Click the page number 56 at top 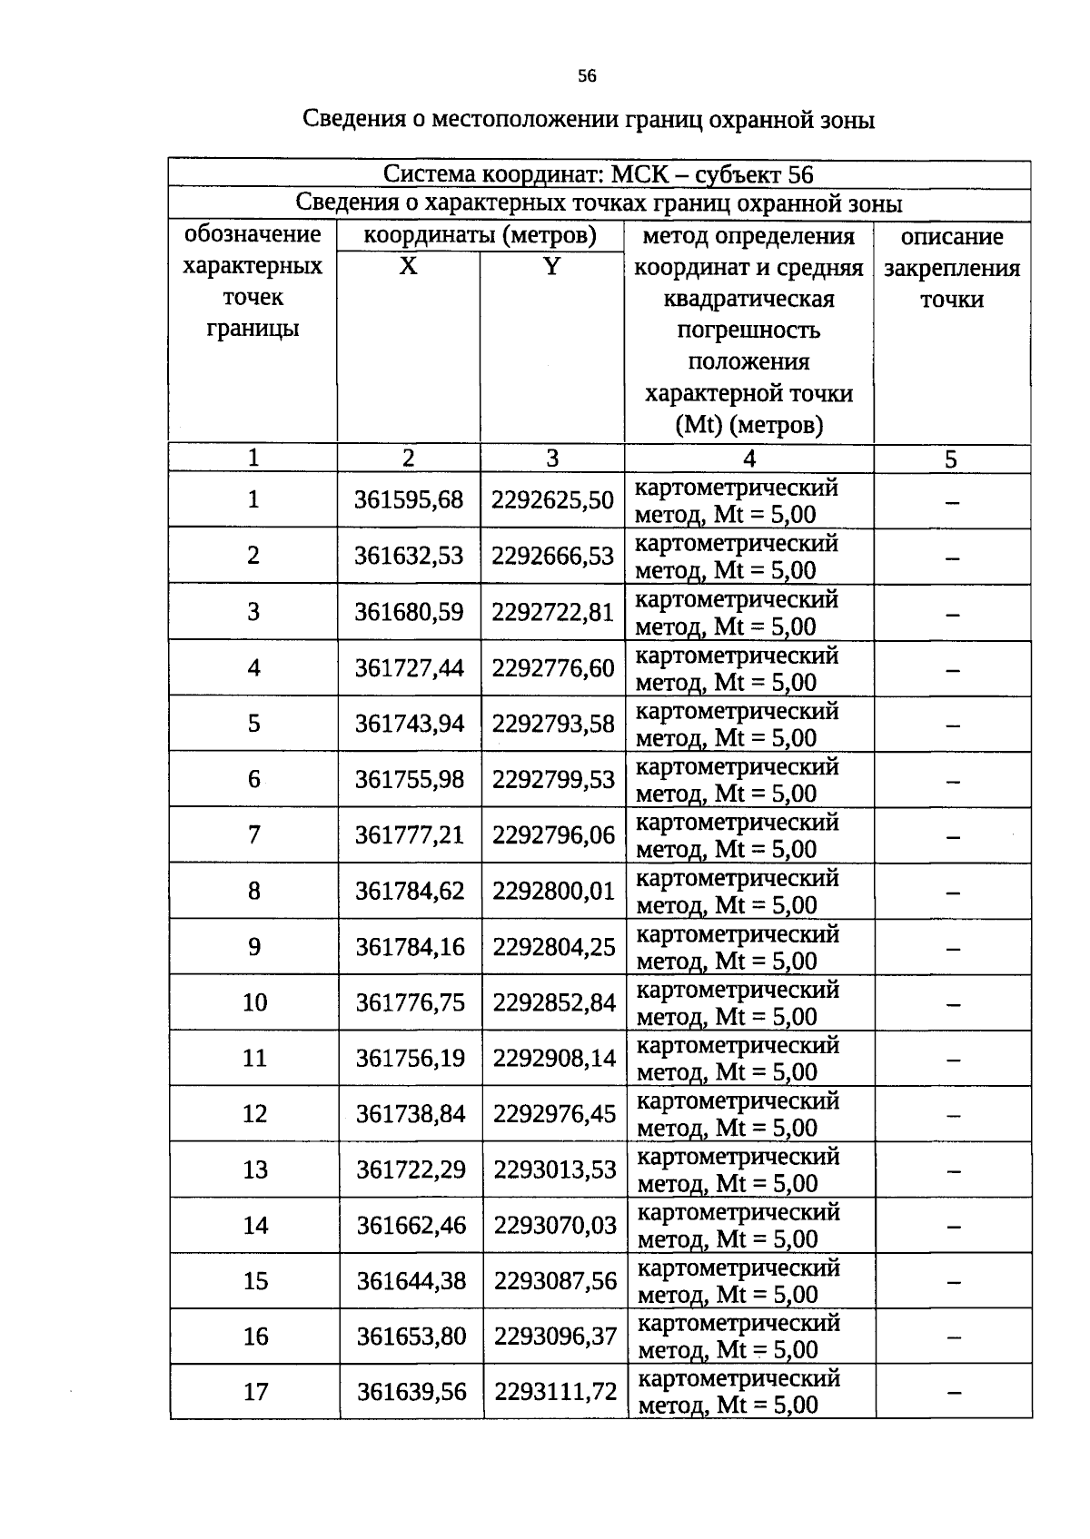(587, 76)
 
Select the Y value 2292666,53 (552, 556)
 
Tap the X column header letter (409, 267)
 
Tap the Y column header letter (551, 267)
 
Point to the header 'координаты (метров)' (480, 236)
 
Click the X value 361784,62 (410, 891)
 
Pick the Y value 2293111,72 (555, 1391)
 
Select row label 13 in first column (255, 1169)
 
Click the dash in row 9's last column (953, 949)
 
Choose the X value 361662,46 (411, 1226)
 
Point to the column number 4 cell (748, 459)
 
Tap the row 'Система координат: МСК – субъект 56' (598, 174)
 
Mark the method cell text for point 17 (738, 1392)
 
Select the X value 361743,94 (409, 724)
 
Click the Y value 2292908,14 (554, 1058)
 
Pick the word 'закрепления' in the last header (952, 269)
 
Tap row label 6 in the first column (253, 779)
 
